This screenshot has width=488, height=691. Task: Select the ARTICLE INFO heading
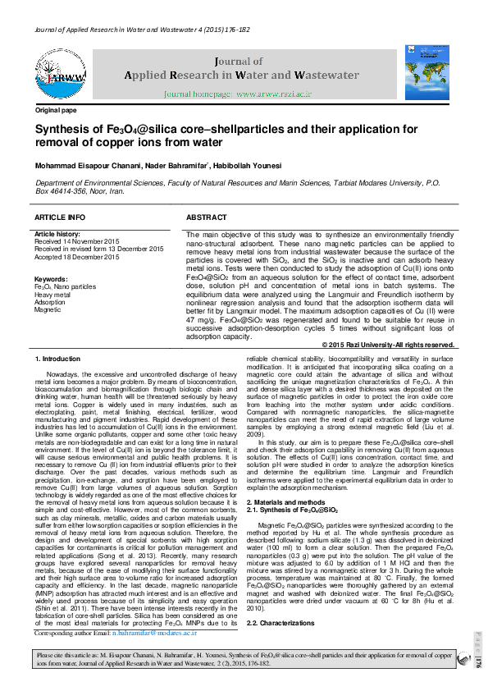tap(59, 217)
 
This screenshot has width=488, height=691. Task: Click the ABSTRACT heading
tap(207, 217)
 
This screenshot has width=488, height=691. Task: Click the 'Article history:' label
tap(57, 234)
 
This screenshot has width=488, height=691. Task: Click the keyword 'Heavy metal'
tap(52, 295)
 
